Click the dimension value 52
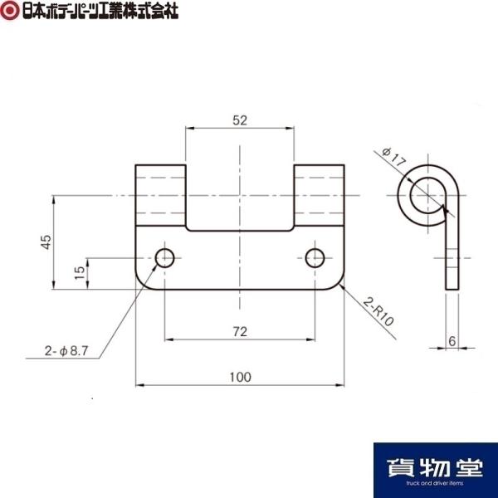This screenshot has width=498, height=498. [240, 120]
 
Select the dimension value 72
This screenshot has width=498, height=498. [240, 332]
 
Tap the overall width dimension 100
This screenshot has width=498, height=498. [240, 377]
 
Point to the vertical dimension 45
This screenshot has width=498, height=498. [46, 242]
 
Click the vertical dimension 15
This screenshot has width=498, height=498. [80, 272]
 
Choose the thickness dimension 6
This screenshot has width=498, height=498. [452, 341]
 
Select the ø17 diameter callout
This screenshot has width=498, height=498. [394, 158]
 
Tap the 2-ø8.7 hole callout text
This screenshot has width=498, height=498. [66, 351]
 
